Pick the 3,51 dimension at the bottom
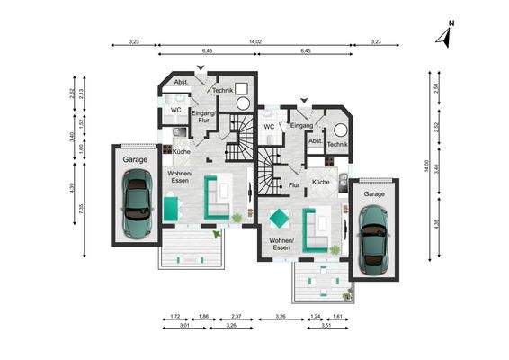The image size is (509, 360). click(x=326, y=326)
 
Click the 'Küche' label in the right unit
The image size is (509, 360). click(x=320, y=182)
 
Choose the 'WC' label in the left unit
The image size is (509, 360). click(x=176, y=110)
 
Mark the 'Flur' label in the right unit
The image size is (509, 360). click(x=293, y=184)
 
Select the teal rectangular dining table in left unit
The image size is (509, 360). click(x=171, y=209)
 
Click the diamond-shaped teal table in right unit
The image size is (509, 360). click(x=280, y=219)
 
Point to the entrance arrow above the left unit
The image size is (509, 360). click(x=201, y=68)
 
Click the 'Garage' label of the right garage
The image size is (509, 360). click(x=374, y=193)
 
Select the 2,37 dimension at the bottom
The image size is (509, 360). click(x=236, y=317)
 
